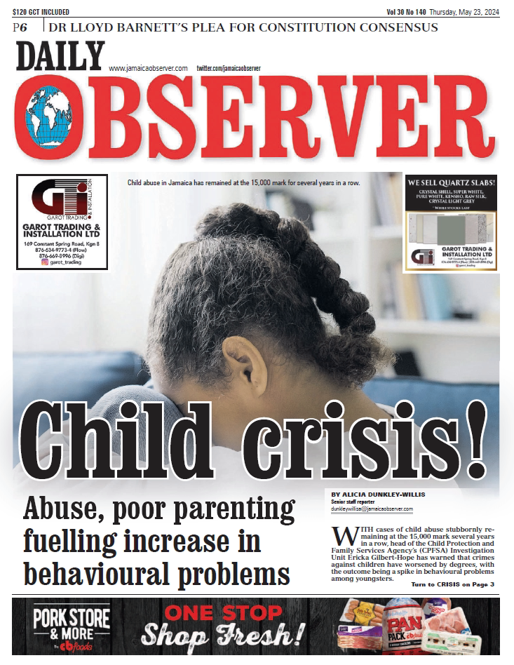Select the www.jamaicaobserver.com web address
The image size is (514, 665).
pyautogui.click(x=148, y=68)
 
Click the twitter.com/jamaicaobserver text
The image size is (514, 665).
pyautogui.click(x=229, y=68)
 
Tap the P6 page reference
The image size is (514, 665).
pyautogui.click(x=20, y=27)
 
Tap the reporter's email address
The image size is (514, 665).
pyautogui.click(x=372, y=509)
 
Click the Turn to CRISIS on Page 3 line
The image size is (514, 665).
pyautogui.click(x=452, y=584)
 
